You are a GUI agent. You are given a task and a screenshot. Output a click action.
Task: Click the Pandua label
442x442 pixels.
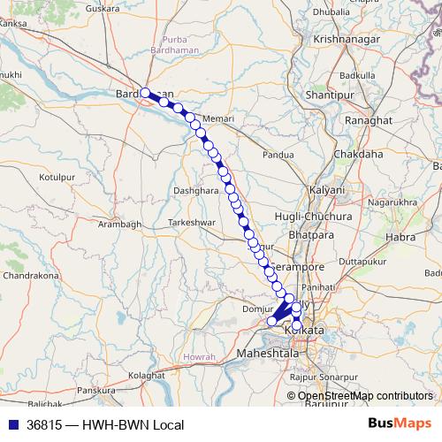[278, 154]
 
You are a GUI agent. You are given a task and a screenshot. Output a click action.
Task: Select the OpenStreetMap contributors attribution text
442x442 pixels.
[366, 396]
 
